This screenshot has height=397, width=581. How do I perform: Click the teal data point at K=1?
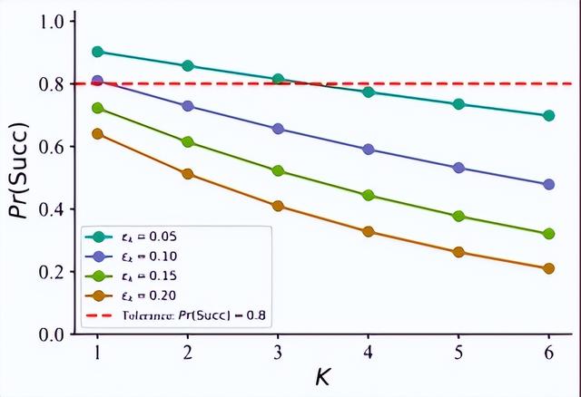coord(98,52)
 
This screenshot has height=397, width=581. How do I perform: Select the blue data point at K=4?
coord(369,149)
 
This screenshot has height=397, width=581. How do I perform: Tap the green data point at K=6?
coord(548,234)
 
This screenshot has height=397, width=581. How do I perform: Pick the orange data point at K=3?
coord(279,206)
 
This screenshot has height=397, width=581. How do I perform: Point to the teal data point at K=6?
coord(548,115)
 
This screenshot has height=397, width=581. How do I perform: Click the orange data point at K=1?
coord(98,134)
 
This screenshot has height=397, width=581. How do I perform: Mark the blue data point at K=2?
coord(188,106)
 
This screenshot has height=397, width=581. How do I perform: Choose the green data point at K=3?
coord(279,170)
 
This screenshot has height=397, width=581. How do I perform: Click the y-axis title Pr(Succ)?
coord(19,178)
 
